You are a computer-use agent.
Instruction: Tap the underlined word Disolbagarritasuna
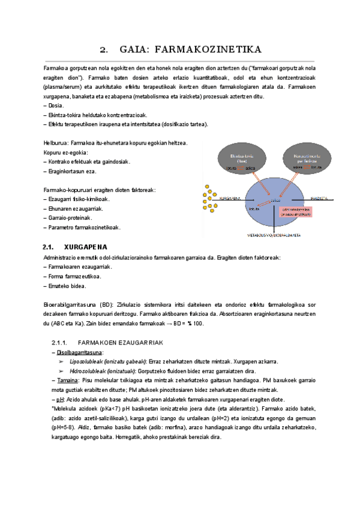tap(75, 352)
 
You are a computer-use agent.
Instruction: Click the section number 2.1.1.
tap(63, 342)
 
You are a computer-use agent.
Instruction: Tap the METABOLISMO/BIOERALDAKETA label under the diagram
tap(275, 236)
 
